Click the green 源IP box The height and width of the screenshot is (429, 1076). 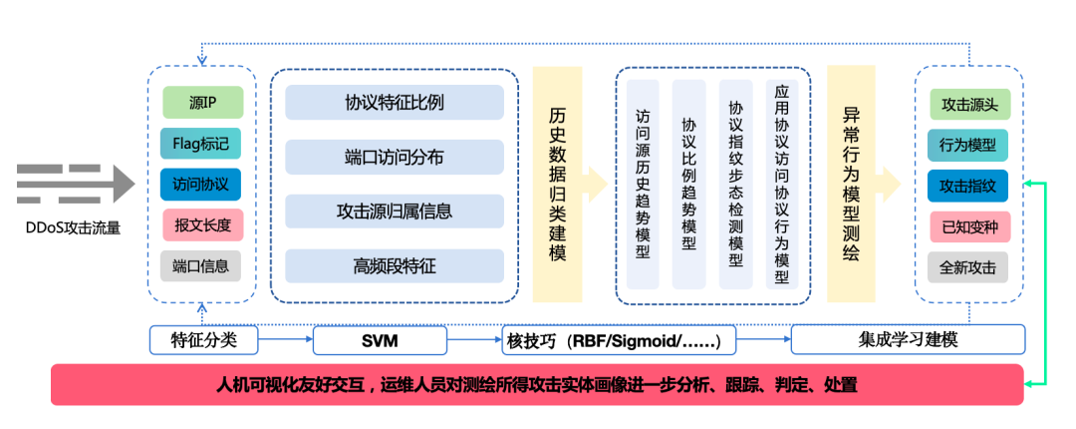point(202,103)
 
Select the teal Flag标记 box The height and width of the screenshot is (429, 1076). point(201,144)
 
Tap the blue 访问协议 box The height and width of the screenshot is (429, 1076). point(201,185)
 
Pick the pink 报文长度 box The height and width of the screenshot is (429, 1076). point(201,225)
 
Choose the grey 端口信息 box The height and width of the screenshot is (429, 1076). point(201,265)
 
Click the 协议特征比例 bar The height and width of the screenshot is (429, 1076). point(395,102)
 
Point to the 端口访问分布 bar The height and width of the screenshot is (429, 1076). point(395,157)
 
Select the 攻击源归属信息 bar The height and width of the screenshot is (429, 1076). point(395,212)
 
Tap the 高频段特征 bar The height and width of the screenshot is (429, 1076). point(395,265)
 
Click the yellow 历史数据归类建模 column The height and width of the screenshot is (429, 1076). point(557,185)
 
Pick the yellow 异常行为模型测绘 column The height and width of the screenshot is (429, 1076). point(851,185)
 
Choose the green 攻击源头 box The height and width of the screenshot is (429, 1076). point(969,104)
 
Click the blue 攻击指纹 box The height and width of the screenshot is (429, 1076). point(969,186)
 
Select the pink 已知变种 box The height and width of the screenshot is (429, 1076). point(969,226)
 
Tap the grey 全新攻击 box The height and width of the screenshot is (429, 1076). point(969,267)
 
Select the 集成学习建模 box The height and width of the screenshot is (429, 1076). point(908,340)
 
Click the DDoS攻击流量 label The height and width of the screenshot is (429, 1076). point(73,227)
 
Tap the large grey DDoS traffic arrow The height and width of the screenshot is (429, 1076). point(75,185)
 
